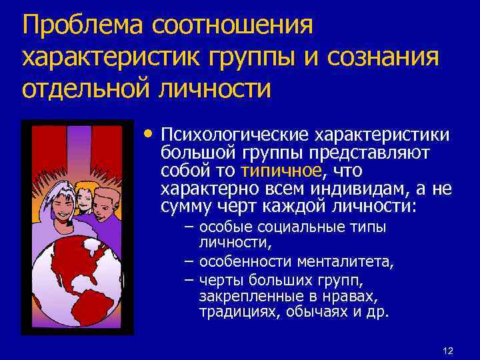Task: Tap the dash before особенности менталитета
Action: [x=189, y=262]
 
